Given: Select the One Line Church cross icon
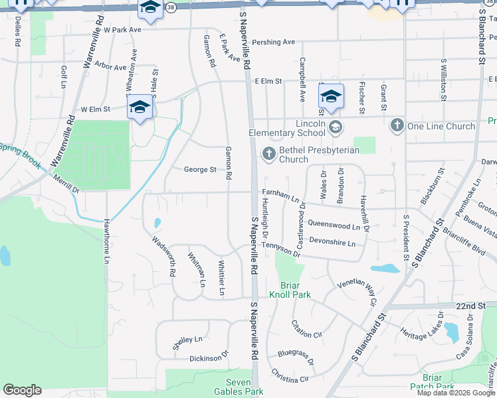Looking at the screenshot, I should (x=397, y=125).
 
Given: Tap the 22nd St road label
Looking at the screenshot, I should (x=472, y=305).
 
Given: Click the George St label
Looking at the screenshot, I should (x=200, y=170).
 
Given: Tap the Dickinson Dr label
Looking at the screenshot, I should (x=209, y=358).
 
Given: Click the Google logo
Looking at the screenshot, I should (x=22, y=390).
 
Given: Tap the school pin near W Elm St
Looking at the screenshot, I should (x=140, y=107).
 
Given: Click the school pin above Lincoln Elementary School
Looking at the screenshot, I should (x=330, y=96).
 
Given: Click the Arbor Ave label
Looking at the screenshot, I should (x=110, y=67).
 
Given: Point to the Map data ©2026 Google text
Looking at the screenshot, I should (x=455, y=393).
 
